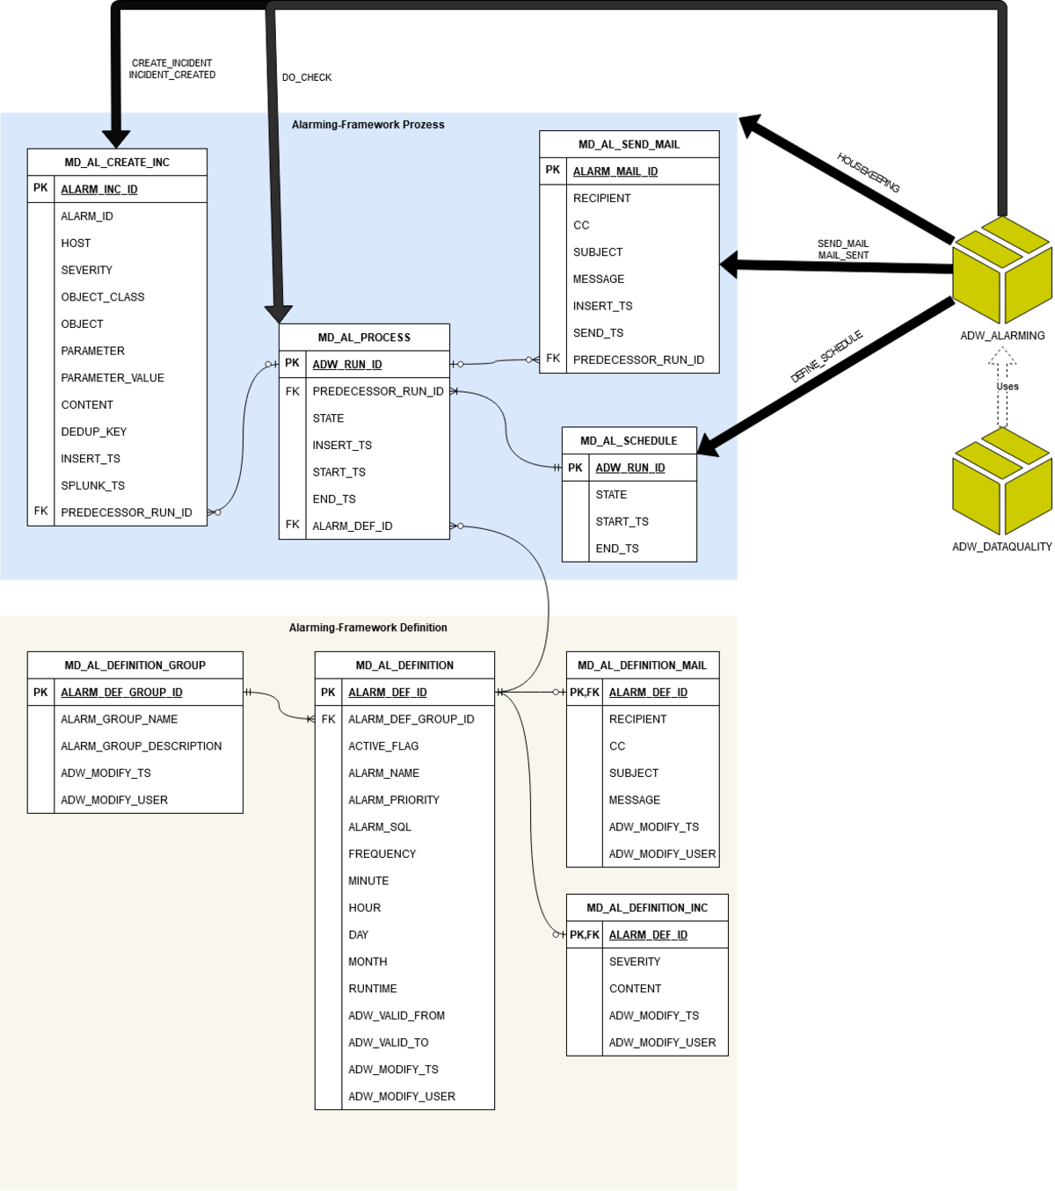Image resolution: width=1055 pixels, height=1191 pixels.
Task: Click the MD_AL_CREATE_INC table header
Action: coord(117,163)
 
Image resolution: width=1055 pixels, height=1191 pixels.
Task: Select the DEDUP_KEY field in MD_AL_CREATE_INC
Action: coord(94,432)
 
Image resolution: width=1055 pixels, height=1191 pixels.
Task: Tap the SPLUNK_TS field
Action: coord(92,485)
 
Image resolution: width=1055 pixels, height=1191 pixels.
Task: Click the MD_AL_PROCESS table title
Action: coord(364,338)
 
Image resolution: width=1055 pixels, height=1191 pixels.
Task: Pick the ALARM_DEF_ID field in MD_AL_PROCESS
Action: coord(353,526)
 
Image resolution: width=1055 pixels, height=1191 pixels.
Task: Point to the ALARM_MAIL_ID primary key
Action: coord(615,171)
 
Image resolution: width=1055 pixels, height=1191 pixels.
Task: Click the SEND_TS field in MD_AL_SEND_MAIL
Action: coord(598,333)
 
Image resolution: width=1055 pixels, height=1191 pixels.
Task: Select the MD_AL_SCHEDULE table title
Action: coord(629,441)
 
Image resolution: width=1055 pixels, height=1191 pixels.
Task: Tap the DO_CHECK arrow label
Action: coord(307,77)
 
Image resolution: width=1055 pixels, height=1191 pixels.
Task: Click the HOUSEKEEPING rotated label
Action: coord(868,172)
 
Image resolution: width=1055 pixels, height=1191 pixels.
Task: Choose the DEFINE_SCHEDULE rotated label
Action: coord(826,358)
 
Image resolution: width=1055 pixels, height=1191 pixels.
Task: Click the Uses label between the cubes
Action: coord(1008,386)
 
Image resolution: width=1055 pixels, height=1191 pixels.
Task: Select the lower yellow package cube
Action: coord(1002,481)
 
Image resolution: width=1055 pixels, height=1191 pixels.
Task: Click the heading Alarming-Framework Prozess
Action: coord(367,125)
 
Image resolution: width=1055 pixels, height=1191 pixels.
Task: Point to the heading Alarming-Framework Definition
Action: coord(367,628)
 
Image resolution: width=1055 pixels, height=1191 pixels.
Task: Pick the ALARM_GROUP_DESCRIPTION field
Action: coord(141,746)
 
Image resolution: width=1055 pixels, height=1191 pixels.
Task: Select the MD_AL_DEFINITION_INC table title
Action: coord(647,908)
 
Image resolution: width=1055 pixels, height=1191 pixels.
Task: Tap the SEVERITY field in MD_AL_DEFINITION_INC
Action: coord(635,962)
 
